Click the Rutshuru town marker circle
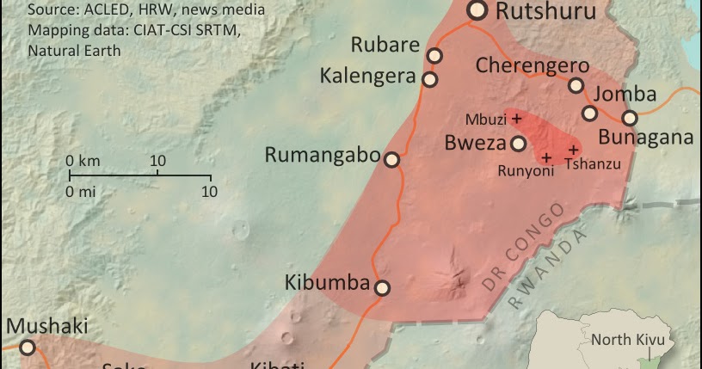coord(477,10)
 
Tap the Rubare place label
coord(385,46)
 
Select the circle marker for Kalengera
coord(429,79)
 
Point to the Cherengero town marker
coord(576,84)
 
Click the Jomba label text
coord(625,95)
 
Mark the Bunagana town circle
coord(630,118)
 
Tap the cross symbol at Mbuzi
coord(517,118)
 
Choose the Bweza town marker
coord(519,144)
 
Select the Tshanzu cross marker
coord(573,150)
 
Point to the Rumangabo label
coord(323,156)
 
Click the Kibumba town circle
coord(382,288)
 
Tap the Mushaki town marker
coord(28,347)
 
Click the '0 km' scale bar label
coord(83,161)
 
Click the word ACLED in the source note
coord(106,10)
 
